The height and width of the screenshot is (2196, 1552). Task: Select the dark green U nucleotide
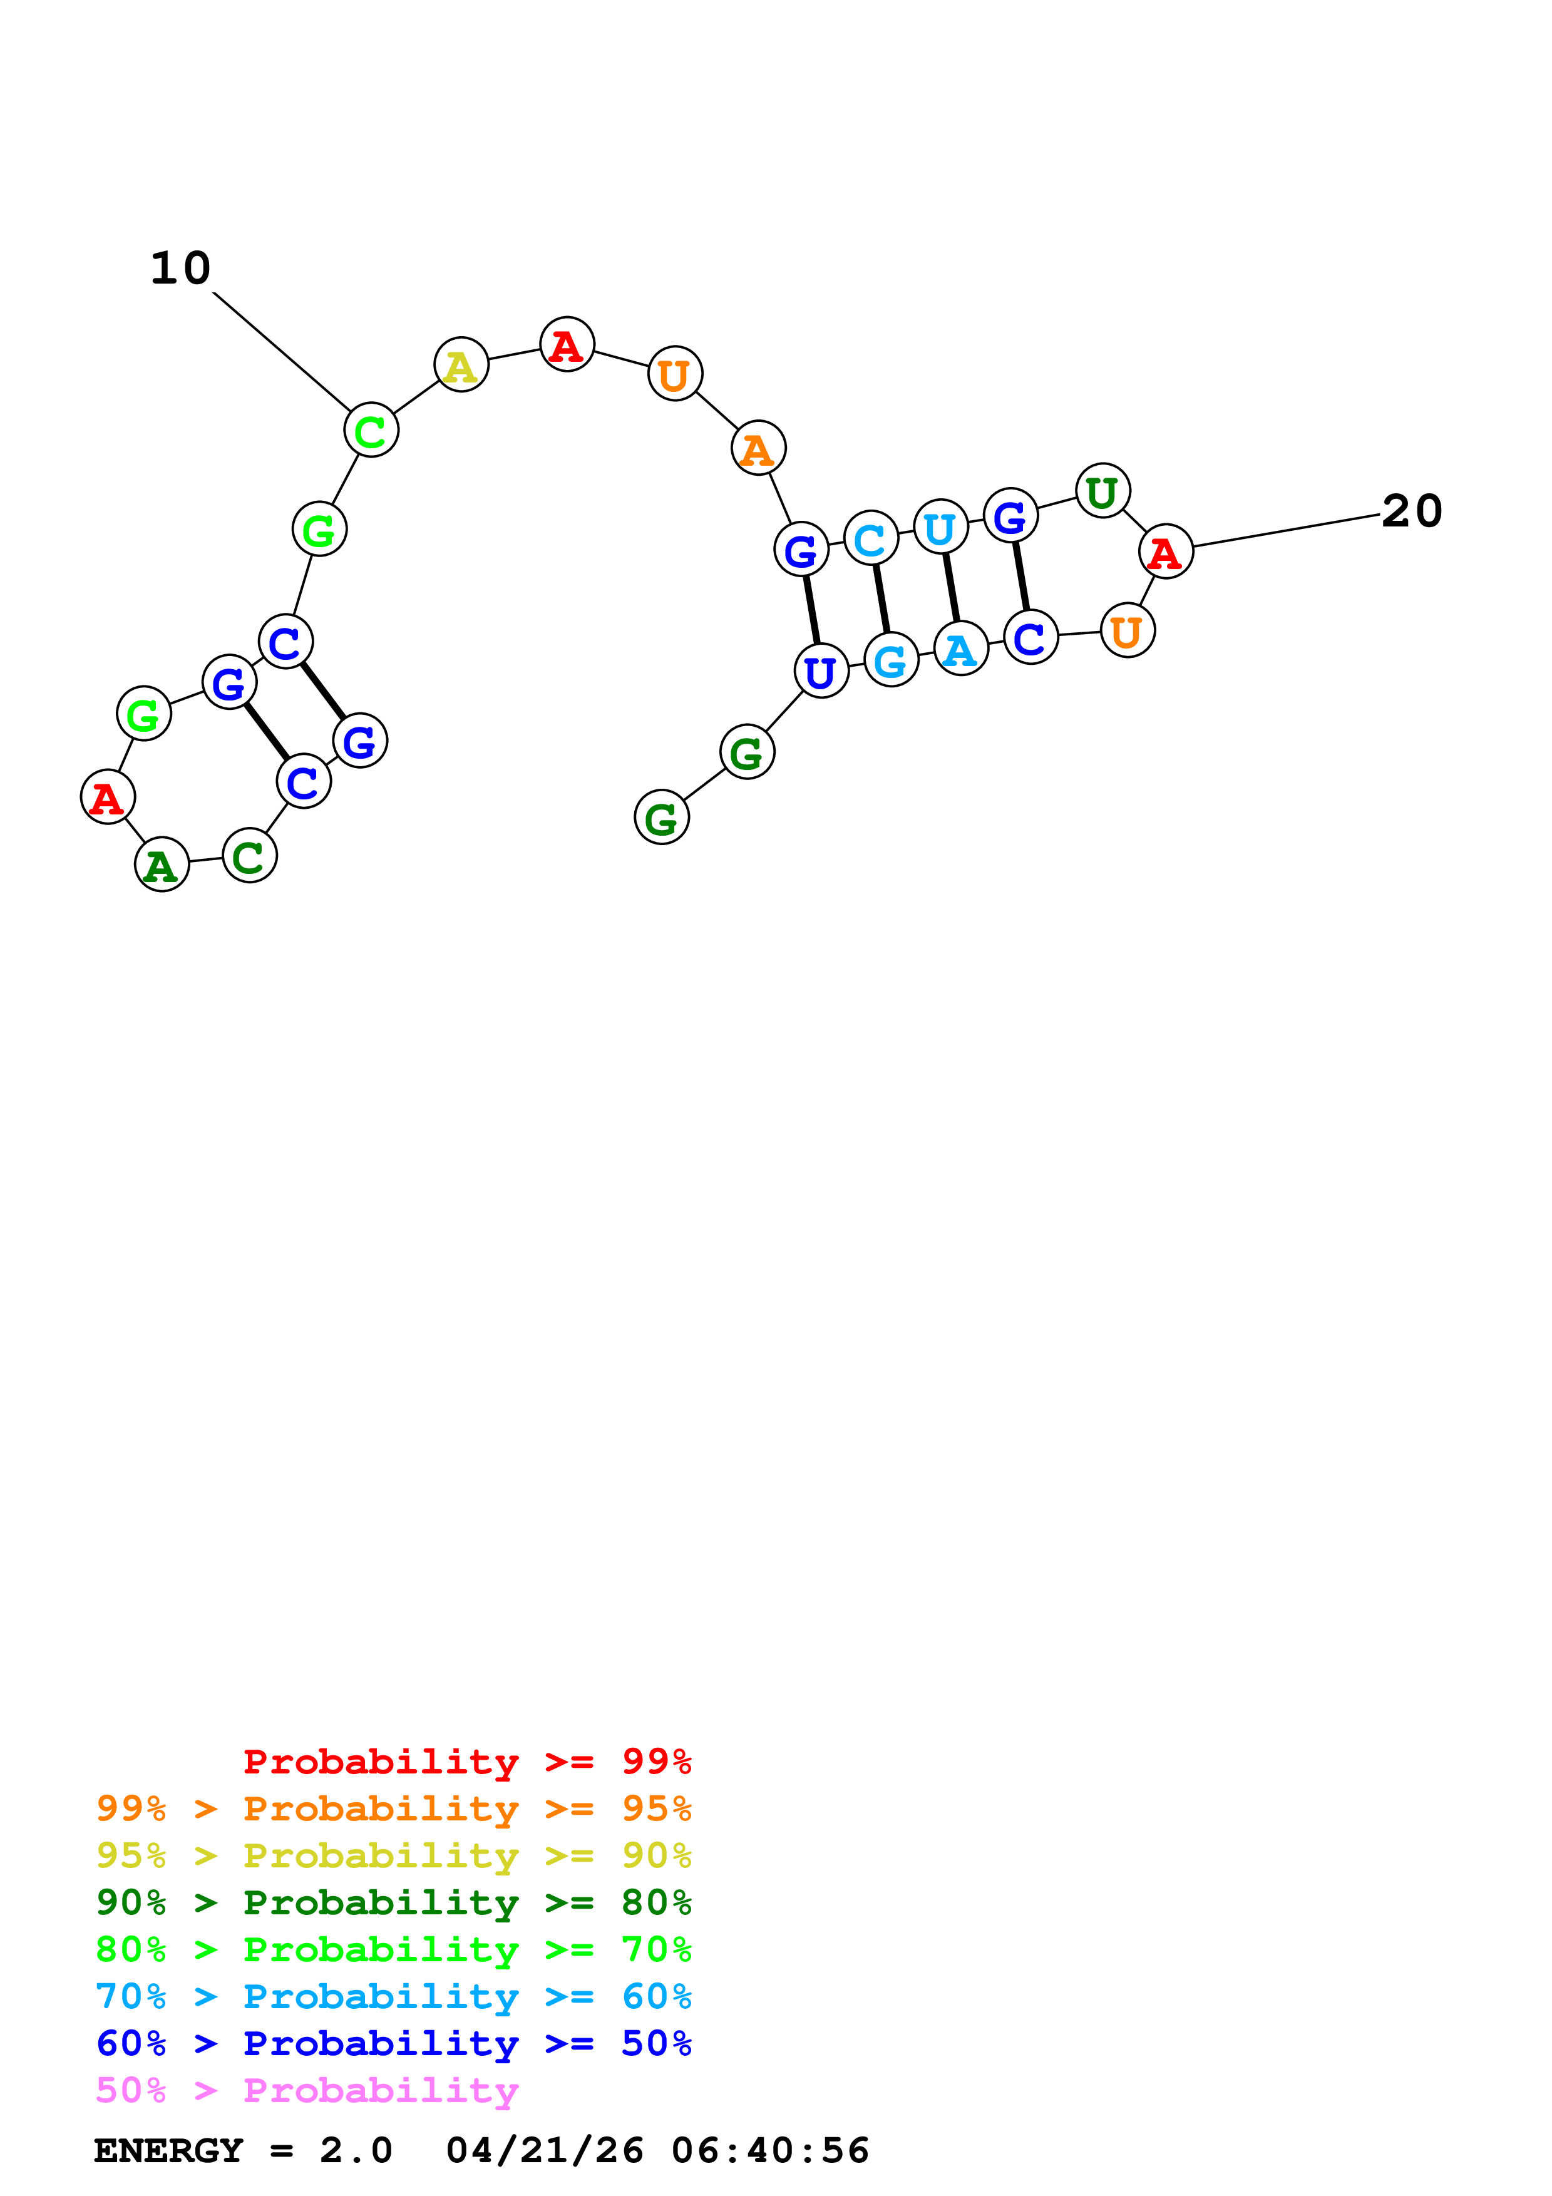[x=1102, y=491]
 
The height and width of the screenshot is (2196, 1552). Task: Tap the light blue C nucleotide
[x=870, y=538]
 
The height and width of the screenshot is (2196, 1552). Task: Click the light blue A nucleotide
[x=960, y=649]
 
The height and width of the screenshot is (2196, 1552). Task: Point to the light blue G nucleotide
[x=890, y=660]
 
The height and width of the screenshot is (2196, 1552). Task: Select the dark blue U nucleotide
[x=821, y=672]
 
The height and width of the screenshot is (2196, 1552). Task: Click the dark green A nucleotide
[x=162, y=865]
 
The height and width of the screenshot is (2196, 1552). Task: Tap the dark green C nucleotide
[x=250, y=856]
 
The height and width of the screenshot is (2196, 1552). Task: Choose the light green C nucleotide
[x=371, y=431]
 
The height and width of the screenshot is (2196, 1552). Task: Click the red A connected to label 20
[x=1166, y=552]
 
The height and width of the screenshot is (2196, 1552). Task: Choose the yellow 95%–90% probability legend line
[x=393, y=1855]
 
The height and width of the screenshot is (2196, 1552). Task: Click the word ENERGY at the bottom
[x=168, y=2150]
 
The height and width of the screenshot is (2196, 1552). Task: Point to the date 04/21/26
[x=544, y=2150]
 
